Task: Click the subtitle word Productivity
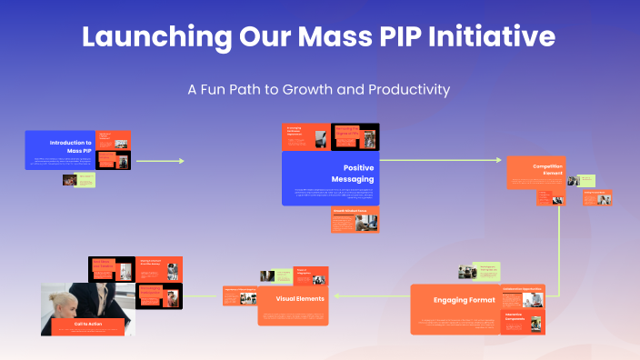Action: point(406,90)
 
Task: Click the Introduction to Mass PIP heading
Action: point(71,145)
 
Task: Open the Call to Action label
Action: point(87,325)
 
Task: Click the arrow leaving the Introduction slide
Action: point(159,161)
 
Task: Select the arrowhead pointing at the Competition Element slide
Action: point(498,161)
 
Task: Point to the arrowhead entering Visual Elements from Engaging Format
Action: point(336,296)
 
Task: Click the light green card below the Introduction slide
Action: point(85,180)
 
